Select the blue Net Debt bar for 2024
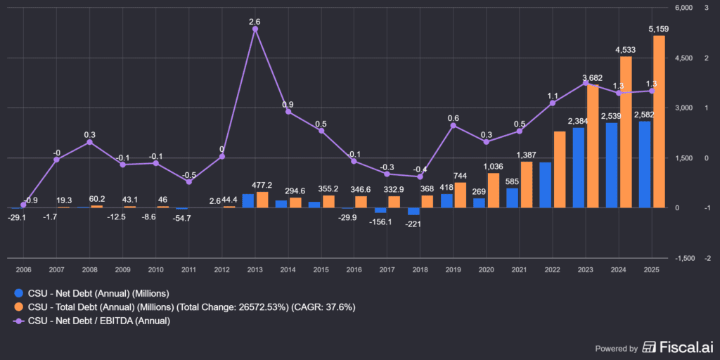[612, 165]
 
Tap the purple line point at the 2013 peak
[255, 29]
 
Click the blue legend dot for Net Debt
[19, 292]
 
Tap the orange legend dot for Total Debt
[19, 307]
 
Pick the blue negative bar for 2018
[413, 211]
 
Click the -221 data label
[414, 224]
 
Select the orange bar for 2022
[560, 169]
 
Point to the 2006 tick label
[24, 270]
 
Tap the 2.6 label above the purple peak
[255, 22]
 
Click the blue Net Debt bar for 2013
[248, 200]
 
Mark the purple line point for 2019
[454, 125]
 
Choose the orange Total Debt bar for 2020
[494, 190]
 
